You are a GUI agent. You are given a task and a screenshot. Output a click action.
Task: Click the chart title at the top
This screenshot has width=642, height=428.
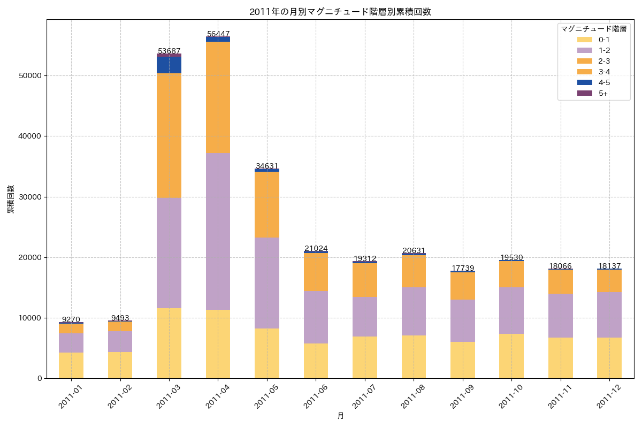[x=340, y=12]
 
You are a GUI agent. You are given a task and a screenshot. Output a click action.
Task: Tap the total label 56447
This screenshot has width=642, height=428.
[x=218, y=34]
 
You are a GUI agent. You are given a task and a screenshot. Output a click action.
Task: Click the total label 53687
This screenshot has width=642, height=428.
[x=169, y=51]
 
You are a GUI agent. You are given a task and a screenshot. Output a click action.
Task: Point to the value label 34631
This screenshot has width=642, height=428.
[x=267, y=166]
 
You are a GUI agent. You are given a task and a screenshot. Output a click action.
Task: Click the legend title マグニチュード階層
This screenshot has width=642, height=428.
[x=593, y=29]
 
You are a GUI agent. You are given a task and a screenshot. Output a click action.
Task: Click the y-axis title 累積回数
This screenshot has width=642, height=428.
[x=11, y=199]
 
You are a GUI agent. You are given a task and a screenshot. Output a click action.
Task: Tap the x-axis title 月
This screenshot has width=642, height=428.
[x=340, y=416]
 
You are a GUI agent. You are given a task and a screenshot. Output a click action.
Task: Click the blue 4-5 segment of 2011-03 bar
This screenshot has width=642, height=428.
[x=169, y=65]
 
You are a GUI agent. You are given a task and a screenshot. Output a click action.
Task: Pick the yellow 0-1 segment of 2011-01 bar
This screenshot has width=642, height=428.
[x=71, y=365]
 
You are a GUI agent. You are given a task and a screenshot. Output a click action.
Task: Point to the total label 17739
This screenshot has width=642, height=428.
[x=463, y=268]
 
